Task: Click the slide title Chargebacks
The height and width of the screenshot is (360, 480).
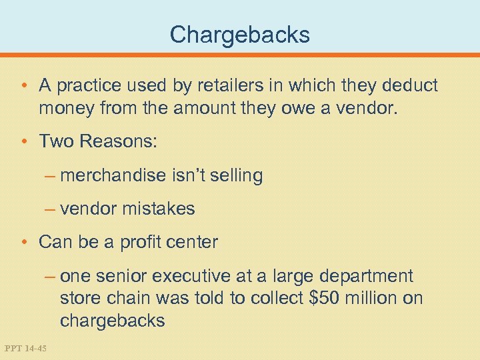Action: point(240,34)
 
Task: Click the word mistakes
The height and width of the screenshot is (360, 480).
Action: point(159,209)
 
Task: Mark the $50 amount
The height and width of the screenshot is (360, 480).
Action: point(325,298)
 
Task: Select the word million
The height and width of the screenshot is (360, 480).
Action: point(370,298)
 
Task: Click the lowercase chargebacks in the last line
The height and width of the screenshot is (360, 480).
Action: point(112,320)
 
